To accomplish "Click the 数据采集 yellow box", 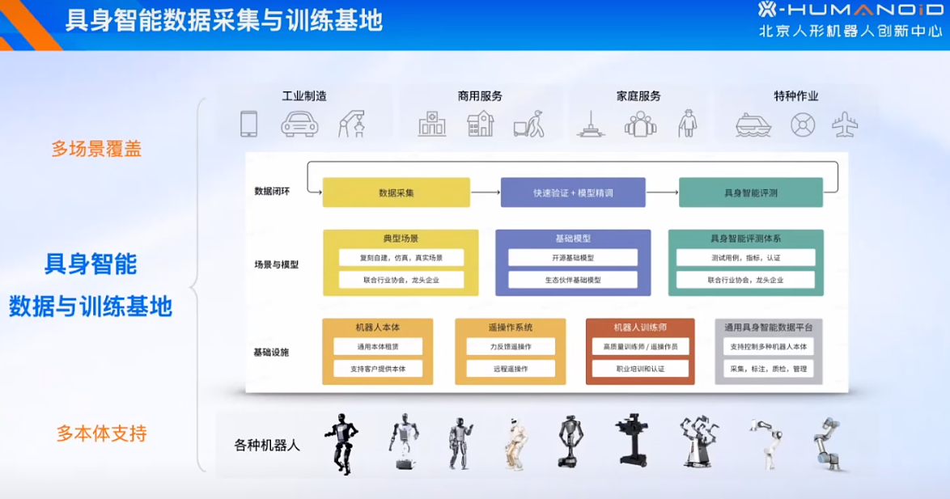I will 396,192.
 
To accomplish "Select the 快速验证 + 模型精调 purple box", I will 573,192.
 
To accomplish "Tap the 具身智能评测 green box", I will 750,192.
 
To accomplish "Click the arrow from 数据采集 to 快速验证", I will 485,192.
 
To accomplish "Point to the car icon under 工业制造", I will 299,124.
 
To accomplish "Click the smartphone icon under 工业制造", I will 248,124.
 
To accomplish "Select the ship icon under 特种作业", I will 753,124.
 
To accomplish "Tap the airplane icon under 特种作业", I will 845,124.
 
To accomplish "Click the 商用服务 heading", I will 480,95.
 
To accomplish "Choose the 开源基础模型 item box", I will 573,257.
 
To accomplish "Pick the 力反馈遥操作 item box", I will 511,346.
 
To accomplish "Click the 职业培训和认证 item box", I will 640,368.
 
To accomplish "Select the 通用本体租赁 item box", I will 378,346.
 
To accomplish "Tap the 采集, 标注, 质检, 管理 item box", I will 768,368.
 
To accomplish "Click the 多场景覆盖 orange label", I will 96,149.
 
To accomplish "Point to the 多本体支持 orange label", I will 101,433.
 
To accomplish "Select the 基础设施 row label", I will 270,353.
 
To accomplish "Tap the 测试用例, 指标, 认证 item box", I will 745,257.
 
